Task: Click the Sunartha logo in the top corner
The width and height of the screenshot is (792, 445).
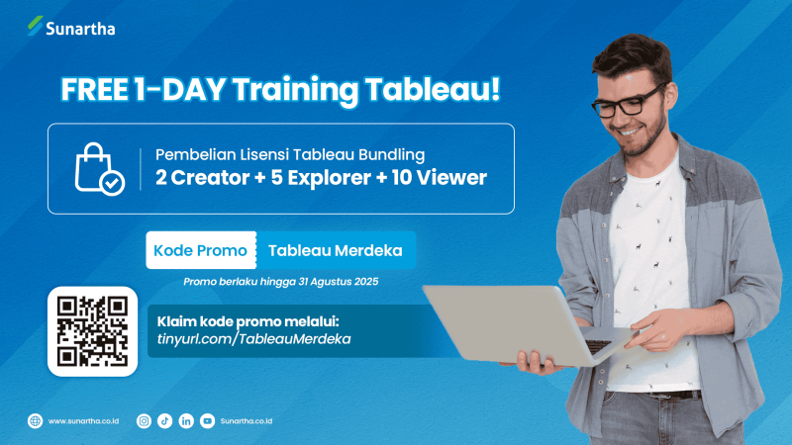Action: (71, 28)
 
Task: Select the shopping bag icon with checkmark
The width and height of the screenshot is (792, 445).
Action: (99, 168)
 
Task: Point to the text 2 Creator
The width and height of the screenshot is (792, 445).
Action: (203, 179)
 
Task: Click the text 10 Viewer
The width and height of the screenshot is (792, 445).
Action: (439, 179)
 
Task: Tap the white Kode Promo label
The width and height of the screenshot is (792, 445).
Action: (201, 250)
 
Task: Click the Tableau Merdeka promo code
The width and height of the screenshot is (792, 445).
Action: (336, 250)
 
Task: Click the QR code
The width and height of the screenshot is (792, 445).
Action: (91, 331)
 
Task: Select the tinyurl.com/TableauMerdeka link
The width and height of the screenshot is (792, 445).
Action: (254, 339)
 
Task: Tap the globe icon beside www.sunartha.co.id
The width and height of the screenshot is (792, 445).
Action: (36, 421)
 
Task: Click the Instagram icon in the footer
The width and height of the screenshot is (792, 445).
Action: (144, 421)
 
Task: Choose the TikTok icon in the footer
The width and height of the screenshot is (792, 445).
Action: (165, 421)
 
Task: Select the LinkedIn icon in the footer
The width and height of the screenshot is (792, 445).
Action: (186, 421)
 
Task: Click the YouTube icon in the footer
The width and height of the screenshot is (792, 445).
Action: (207, 421)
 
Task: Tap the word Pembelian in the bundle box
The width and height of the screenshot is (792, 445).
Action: (189, 154)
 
